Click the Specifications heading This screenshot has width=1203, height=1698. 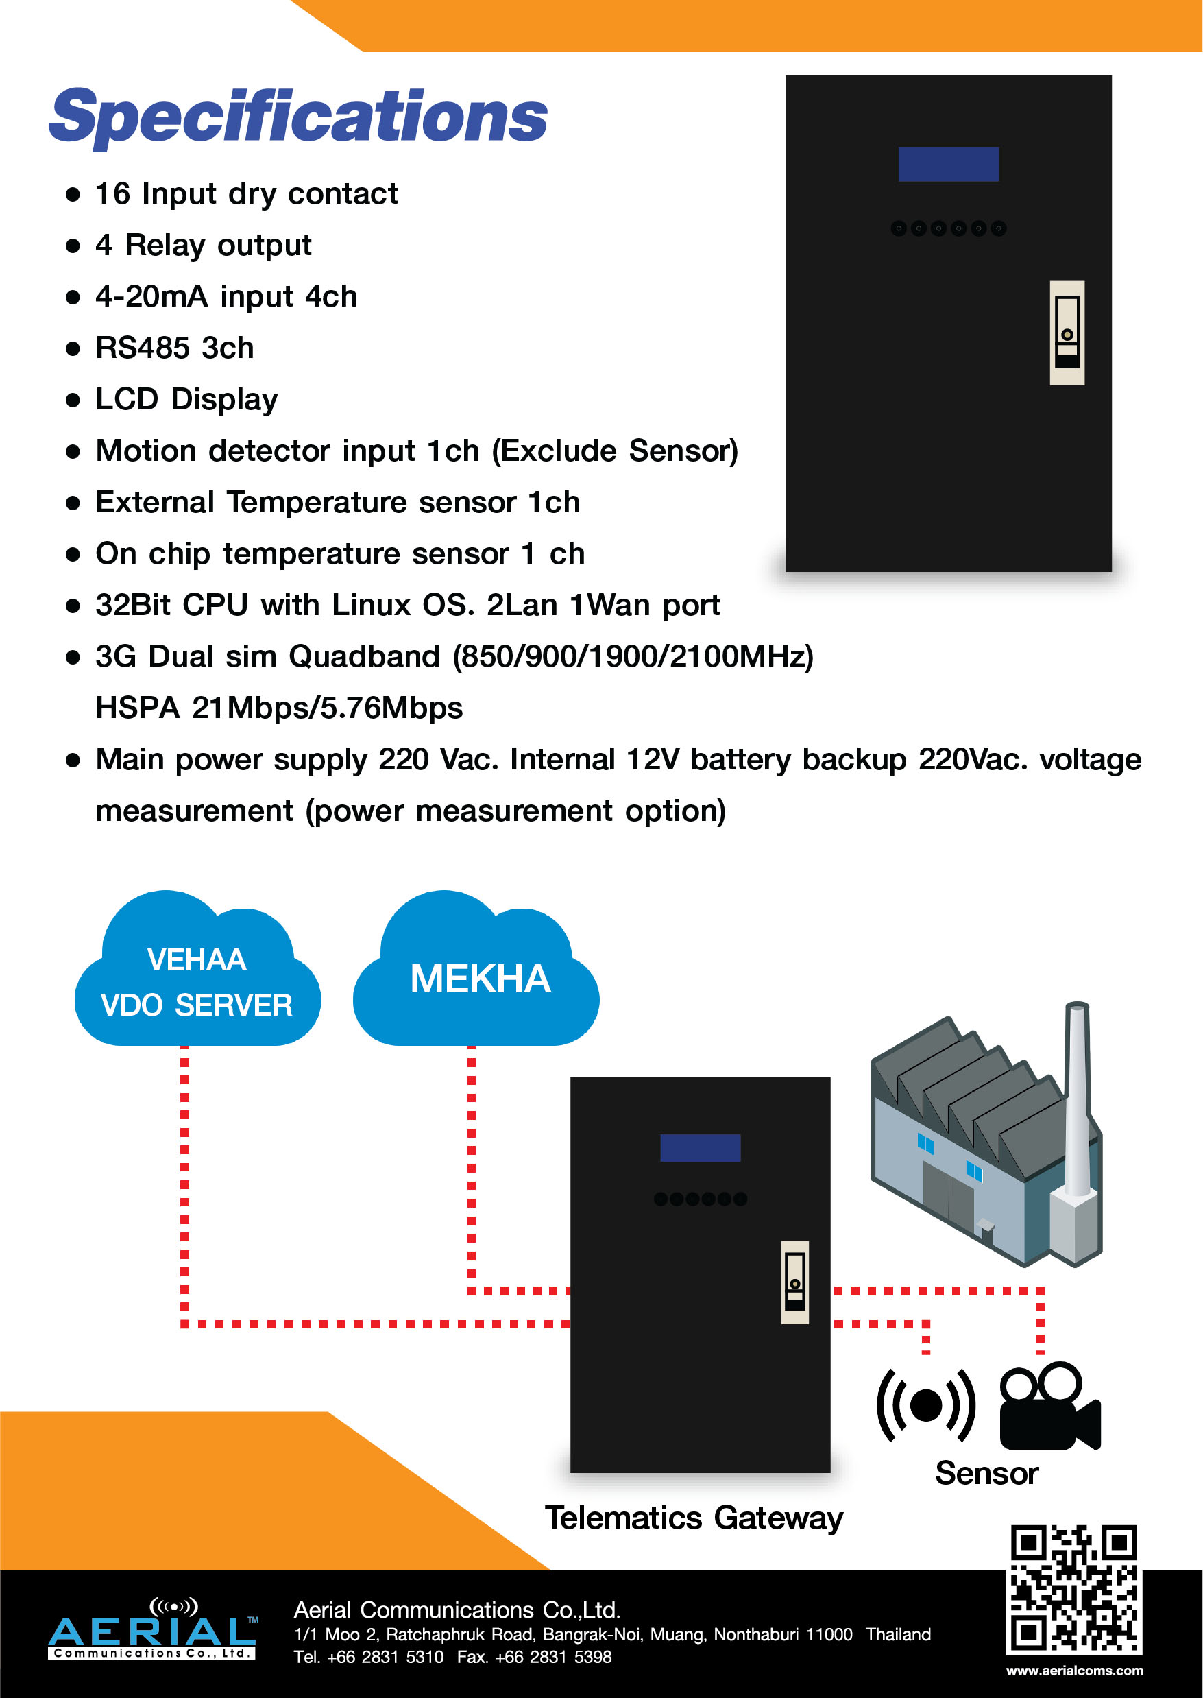tap(297, 117)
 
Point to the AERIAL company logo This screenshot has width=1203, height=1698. tap(153, 1630)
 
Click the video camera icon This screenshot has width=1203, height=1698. tap(1049, 1407)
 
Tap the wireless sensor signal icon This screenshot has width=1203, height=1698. tap(925, 1404)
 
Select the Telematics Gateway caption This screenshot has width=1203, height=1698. tap(694, 1518)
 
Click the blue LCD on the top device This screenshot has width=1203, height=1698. tap(948, 164)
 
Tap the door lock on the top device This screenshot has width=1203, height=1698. tap(1067, 333)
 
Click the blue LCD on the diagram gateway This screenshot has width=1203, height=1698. tap(700, 1147)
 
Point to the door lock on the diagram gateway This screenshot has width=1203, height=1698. tap(795, 1282)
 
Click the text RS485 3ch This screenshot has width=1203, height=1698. tap(175, 348)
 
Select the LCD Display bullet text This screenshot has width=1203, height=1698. tap(186, 400)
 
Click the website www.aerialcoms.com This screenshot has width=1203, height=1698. tap(1074, 1671)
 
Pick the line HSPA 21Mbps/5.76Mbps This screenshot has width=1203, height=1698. tap(279, 708)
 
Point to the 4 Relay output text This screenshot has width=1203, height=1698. tap(203, 246)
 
